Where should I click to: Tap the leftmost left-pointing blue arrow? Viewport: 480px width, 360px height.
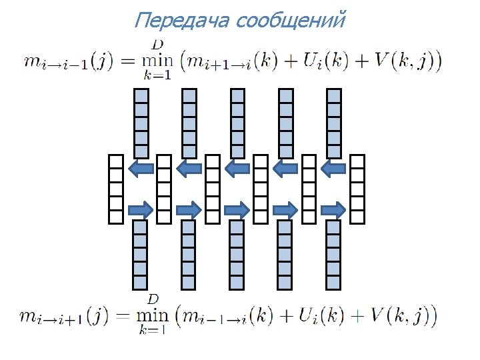pyautogui.click(x=141, y=169)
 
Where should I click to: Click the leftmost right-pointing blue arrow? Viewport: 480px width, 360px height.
pyautogui.click(x=141, y=210)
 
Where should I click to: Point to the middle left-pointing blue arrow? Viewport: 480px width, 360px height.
pyautogui.click(x=237, y=169)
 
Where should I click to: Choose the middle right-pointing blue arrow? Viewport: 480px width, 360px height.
pyautogui.click(x=237, y=210)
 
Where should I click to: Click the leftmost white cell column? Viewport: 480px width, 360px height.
pyautogui.click(x=117, y=189)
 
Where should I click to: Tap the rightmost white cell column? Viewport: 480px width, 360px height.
pyautogui.click(x=358, y=189)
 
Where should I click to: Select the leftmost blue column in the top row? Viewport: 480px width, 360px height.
pyautogui.click(x=141, y=123)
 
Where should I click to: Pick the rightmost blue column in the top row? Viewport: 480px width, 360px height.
pyautogui.click(x=333, y=123)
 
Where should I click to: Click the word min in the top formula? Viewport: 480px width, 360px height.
pyautogui.click(x=157, y=61)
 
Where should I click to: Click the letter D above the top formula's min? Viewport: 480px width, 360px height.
pyautogui.click(x=158, y=44)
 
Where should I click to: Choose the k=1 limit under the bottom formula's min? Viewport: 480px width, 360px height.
pyautogui.click(x=153, y=329)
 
